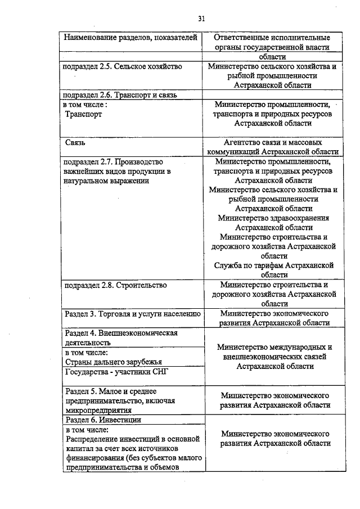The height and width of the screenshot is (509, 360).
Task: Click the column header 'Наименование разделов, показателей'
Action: click(130, 38)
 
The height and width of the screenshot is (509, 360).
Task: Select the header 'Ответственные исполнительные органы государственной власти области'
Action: click(274, 47)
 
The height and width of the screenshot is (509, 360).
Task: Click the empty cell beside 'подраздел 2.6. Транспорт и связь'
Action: click(273, 94)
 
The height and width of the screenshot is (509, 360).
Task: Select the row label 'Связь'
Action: click(75, 142)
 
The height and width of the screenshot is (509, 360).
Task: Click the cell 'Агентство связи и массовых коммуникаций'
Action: click(273, 147)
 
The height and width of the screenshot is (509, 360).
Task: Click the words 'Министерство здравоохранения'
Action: click(273, 218)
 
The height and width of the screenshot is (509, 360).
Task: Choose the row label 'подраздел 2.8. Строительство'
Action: click(116, 285)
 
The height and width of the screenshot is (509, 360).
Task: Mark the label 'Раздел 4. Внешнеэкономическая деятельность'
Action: click(121, 337)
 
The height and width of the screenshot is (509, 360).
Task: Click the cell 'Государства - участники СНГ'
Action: click(117, 372)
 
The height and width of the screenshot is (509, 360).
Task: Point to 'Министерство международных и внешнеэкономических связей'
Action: click(274, 352)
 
